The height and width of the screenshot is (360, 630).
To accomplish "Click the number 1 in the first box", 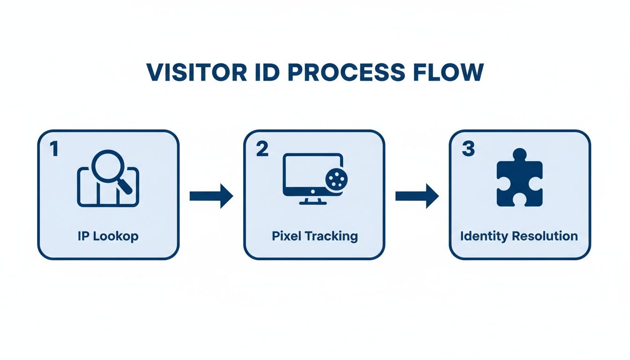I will (53, 150).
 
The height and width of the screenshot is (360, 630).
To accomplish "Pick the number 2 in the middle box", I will (262, 150).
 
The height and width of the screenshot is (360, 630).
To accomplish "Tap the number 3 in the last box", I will (467, 150).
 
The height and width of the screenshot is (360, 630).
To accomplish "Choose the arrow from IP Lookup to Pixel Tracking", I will (211, 196).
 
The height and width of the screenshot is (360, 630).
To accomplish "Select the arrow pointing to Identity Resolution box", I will (417, 196).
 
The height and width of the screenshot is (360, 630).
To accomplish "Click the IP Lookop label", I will (108, 236).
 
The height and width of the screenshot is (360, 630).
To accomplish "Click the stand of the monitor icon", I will (313, 201).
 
